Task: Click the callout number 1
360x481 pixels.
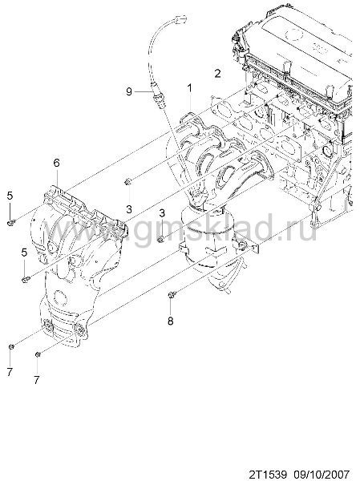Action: [x=190, y=88]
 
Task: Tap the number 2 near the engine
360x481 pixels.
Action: [x=217, y=73]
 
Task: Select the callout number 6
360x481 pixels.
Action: [x=56, y=163]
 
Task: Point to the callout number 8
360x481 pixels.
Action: [x=170, y=321]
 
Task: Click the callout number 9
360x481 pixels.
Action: [x=129, y=91]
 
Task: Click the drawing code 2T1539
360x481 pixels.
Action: [x=267, y=474]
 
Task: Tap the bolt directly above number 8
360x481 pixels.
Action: [x=172, y=295]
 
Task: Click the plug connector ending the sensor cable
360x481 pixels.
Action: [x=180, y=18]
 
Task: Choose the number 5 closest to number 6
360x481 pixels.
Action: [x=10, y=196]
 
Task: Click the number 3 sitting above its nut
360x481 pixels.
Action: [x=162, y=213]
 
